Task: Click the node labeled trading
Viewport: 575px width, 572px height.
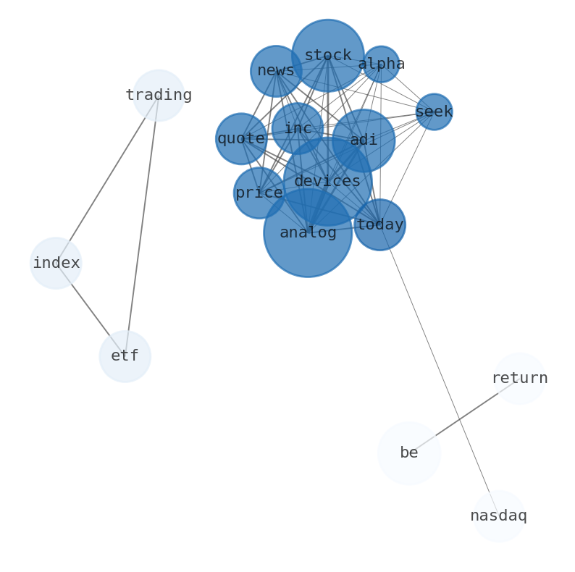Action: (159, 96)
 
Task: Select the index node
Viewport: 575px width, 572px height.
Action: (56, 263)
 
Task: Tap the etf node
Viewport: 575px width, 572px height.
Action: (125, 356)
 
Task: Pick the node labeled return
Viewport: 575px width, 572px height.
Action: (520, 379)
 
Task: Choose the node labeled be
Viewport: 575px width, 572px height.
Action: (409, 453)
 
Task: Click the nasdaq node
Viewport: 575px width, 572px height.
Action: (499, 516)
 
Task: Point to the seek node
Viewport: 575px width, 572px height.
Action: (435, 112)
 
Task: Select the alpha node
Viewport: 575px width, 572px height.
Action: (381, 64)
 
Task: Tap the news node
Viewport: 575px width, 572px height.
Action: (276, 71)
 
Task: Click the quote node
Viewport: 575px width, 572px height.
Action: (241, 139)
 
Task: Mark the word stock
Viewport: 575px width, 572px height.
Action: (328, 55)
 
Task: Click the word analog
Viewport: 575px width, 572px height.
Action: (308, 233)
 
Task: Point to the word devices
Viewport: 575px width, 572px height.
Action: (327, 181)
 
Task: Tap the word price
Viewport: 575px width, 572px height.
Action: (259, 193)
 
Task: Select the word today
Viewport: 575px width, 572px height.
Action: (380, 224)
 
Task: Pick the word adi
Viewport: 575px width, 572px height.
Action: (364, 140)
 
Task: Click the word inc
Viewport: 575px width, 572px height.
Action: (298, 128)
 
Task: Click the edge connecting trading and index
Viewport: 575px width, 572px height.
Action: (107, 179)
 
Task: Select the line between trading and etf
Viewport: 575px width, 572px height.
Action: (141, 226)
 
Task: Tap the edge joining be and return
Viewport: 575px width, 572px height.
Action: (464, 416)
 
